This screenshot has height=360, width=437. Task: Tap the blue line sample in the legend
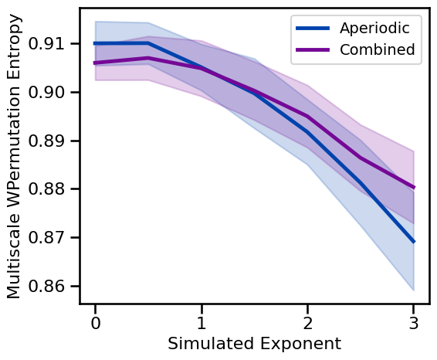click(313, 29)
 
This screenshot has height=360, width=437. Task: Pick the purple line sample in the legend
click(313, 51)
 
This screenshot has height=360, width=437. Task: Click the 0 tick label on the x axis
click(95, 321)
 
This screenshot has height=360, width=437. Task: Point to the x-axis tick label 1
click(202, 321)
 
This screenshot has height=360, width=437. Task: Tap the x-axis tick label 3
click(414, 321)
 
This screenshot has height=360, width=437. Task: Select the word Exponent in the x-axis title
click(297, 343)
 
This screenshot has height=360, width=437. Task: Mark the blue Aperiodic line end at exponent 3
click(414, 241)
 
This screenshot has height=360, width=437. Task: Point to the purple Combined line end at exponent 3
click(414, 187)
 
